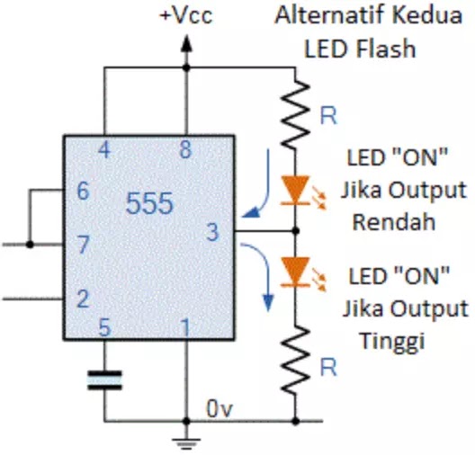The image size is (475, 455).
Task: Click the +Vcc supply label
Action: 186,15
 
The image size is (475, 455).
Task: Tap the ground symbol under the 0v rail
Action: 186,443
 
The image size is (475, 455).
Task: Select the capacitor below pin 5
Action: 104,380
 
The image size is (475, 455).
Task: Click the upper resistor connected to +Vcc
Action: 295,113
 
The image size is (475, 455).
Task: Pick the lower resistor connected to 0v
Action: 295,361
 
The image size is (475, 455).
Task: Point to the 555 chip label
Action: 149,203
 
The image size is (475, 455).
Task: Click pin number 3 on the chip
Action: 212,232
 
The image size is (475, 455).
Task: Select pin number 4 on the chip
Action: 104,150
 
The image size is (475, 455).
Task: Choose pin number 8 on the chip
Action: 185,150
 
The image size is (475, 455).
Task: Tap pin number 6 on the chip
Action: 84,191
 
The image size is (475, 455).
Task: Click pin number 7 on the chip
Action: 84,245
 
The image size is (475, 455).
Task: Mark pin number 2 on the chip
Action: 84,299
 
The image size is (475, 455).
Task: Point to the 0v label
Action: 220,409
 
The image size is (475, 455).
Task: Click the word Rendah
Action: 394,222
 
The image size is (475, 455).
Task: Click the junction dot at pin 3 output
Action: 296,231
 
